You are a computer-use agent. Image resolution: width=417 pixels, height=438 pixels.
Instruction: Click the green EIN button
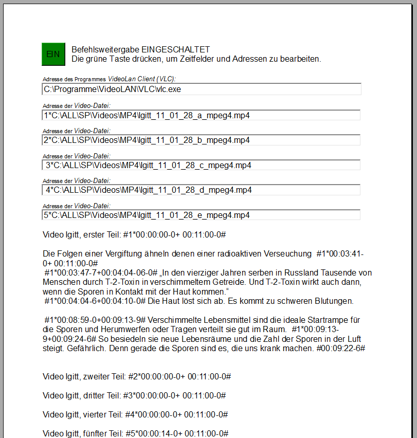pyautogui.click(x=53, y=54)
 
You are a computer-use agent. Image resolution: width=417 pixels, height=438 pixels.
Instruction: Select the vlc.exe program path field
pyautogui.click(x=202, y=89)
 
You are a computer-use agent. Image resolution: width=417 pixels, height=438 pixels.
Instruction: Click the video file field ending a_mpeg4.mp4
pyautogui.click(x=202, y=115)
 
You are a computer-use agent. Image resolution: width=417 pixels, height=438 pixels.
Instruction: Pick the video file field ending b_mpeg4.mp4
pyautogui.click(x=202, y=140)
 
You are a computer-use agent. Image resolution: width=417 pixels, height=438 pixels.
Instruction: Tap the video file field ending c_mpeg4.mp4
pyautogui.click(x=202, y=165)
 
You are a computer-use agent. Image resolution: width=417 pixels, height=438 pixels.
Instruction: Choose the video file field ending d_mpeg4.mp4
pyautogui.click(x=202, y=190)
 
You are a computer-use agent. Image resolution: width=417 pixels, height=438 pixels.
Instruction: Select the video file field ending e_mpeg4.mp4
pyautogui.click(x=202, y=215)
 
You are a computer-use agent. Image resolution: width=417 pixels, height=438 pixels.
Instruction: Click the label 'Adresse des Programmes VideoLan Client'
pyautogui.click(x=109, y=79)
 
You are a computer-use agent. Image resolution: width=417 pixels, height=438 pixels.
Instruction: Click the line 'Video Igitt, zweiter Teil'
pyautogui.click(x=136, y=376)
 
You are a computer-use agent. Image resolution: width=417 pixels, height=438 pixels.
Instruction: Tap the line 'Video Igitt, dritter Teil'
pyautogui.click(x=134, y=395)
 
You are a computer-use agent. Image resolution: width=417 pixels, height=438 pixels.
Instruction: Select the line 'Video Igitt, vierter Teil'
pyautogui.click(x=135, y=414)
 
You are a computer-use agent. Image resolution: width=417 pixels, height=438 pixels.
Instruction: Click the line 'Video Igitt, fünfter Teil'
pyautogui.click(x=135, y=433)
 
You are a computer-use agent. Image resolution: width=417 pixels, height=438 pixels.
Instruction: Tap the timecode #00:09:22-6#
pyautogui.click(x=340, y=348)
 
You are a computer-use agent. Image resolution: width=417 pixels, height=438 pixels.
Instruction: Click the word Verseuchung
pyautogui.click(x=287, y=253)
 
